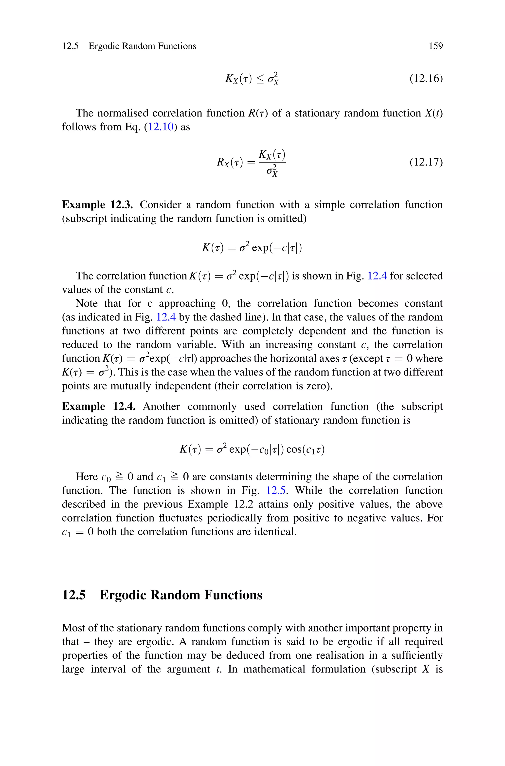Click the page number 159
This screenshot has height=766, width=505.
click(x=435, y=46)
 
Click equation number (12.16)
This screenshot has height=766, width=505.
click(x=426, y=78)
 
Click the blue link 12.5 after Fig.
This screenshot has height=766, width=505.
click(x=276, y=490)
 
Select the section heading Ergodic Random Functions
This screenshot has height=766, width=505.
click(x=181, y=595)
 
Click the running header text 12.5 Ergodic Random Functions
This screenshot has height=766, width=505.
click(x=129, y=46)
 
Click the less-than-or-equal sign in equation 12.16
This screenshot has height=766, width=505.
click(x=260, y=79)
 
